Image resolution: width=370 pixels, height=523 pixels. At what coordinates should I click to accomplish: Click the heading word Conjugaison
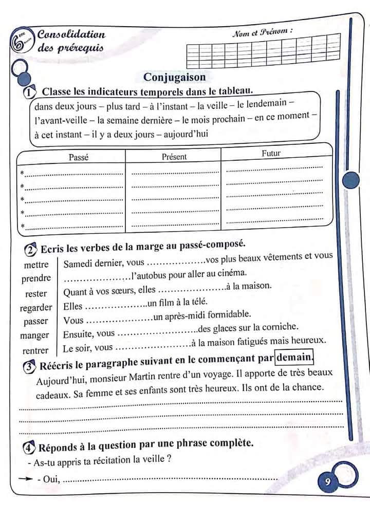tap(174, 77)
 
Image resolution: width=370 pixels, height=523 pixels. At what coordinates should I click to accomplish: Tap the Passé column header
tap(79, 157)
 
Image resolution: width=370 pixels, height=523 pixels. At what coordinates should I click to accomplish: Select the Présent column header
tap(174, 157)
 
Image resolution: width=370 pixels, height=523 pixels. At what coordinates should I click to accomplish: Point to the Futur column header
tap(271, 153)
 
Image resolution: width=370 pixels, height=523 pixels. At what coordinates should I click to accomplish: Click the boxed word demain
tap(294, 357)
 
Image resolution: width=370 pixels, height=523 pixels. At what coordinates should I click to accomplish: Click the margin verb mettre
tap(36, 265)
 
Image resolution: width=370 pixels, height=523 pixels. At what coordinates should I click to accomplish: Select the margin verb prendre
tap(36, 278)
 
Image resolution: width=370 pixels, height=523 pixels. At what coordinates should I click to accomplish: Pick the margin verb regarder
tap(36, 307)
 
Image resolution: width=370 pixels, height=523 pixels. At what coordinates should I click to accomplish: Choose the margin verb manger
tap(35, 335)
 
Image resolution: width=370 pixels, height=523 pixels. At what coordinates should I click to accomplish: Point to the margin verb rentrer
tap(35, 351)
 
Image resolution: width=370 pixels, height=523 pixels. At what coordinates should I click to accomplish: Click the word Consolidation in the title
tap(71, 35)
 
